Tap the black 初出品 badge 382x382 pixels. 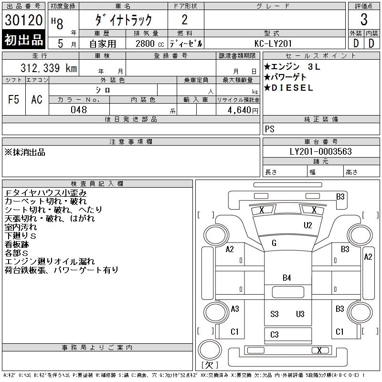click(x=23, y=40)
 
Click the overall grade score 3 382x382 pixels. click(x=364, y=20)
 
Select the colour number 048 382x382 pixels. click(x=79, y=110)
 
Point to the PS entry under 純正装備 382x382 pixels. click(x=270, y=129)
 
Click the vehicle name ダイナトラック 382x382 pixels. click(x=123, y=20)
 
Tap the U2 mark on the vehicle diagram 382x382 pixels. click(x=308, y=225)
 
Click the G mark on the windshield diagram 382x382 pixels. click(x=274, y=243)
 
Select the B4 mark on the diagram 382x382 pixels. click(x=286, y=277)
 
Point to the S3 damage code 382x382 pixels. click(x=274, y=314)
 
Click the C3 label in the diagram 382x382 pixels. click(x=274, y=335)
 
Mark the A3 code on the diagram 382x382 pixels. click(x=234, y=309)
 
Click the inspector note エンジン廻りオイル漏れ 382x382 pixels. click(x=50, y=262)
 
